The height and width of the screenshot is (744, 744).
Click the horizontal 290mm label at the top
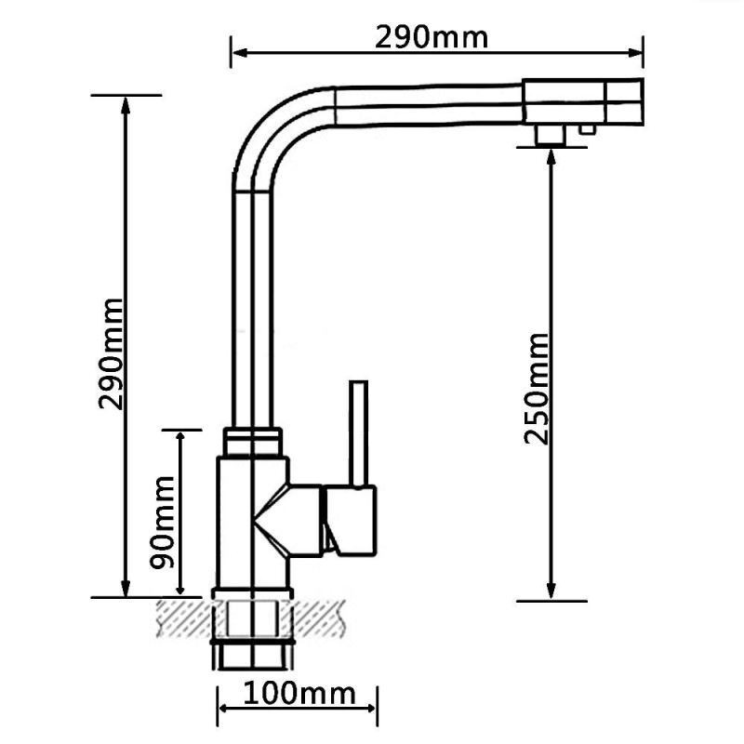(432, 37)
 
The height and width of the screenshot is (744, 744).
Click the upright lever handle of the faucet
(358, 432)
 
